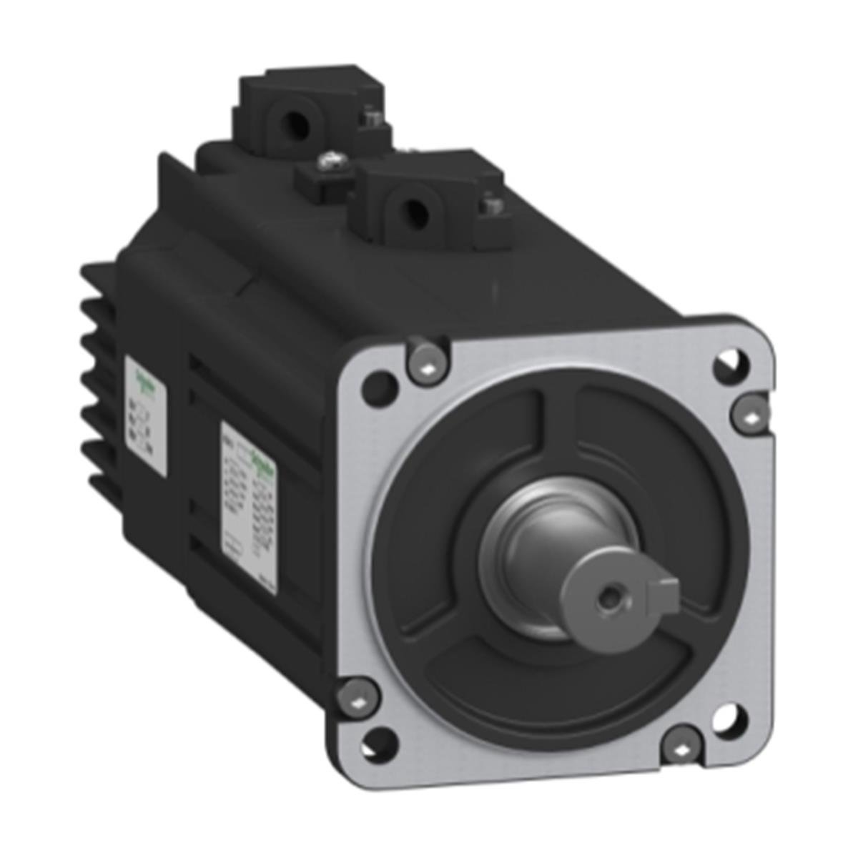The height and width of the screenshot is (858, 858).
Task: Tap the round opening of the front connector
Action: [411, 211]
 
